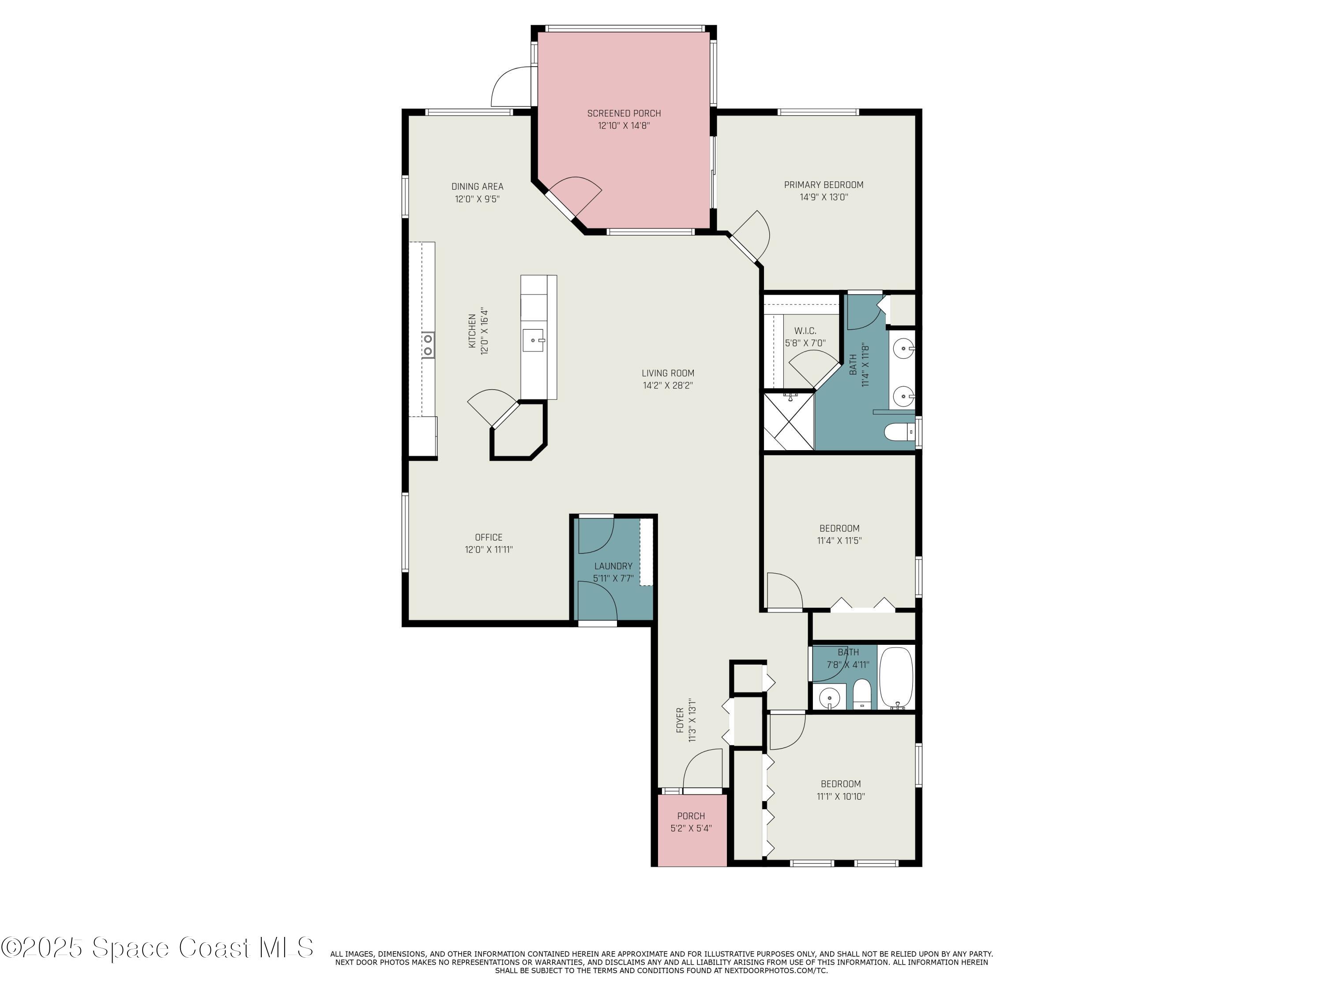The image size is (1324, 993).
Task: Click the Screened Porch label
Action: (x=624, y=113)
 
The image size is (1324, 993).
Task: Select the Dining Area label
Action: (x=477, y=186)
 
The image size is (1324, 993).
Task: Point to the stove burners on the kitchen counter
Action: (x=428, y=345)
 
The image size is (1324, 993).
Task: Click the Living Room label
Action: (x=668, y=373)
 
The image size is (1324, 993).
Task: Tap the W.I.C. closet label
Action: (x=805, y=331)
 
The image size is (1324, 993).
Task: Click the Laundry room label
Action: (x=613, y=566)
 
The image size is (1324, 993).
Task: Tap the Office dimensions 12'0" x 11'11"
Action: (x=489, y=549)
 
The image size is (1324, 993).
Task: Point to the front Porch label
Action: (x=691, y=816)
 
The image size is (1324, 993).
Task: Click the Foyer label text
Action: (x=680, y=720)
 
